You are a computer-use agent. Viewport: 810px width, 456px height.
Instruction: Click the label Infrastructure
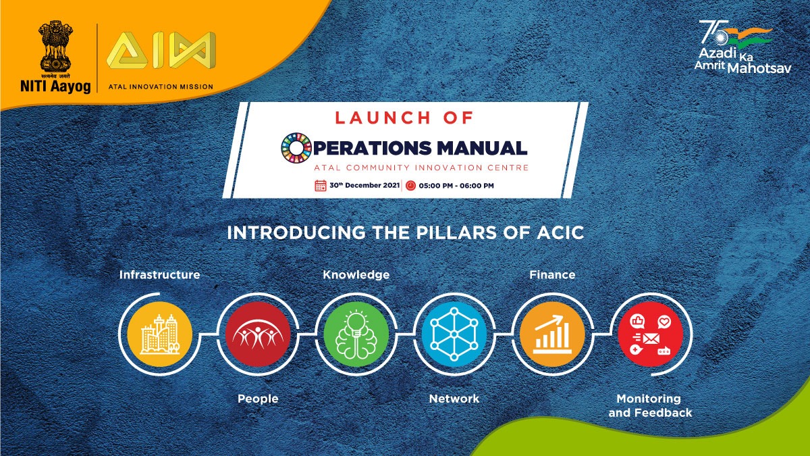(x=159, y=275)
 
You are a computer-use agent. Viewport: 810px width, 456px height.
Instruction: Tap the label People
(x=258, y=399)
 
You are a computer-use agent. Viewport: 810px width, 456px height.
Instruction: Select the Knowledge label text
(x=356, y=275)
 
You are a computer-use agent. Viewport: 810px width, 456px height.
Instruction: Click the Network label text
(x=454, y=399)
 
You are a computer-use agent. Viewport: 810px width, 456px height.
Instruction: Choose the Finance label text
(x=552, y=275)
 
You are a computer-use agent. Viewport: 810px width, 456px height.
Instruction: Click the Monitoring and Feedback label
(x=650, y=405)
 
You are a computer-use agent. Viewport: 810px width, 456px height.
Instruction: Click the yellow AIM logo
(x=161, y=51)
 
